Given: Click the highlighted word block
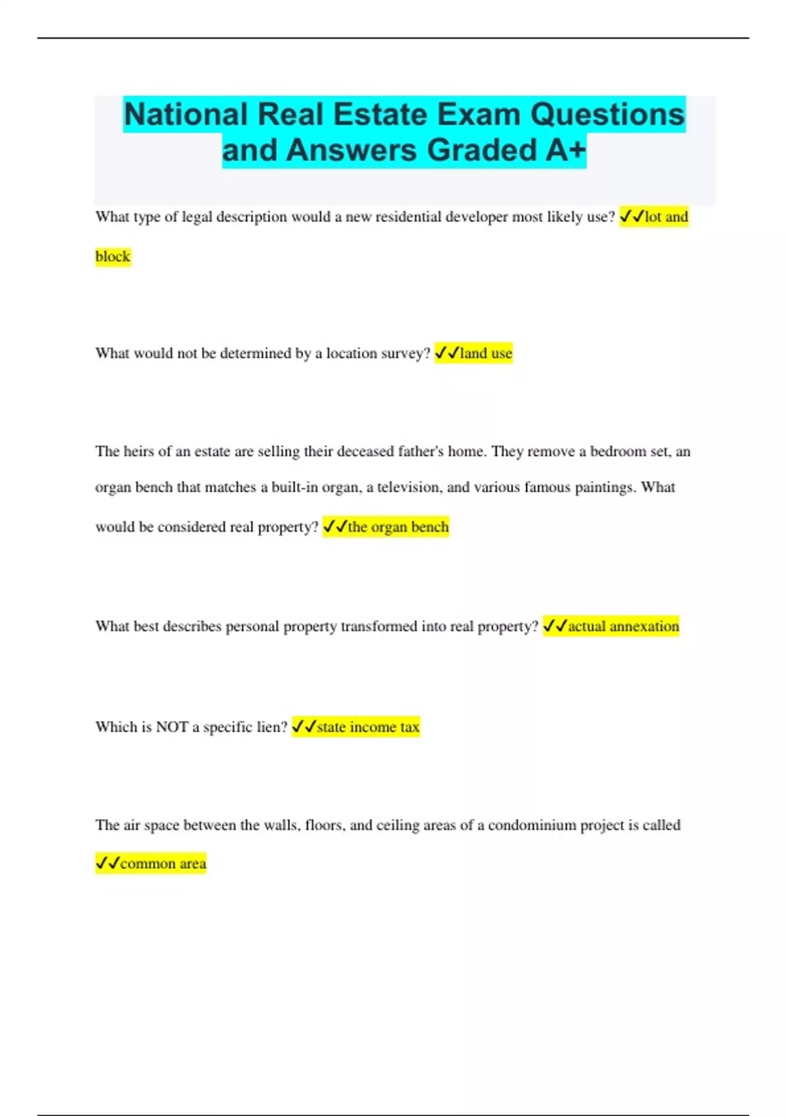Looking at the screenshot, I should tap(113, 257).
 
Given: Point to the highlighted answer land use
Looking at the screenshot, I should tap(485, 353).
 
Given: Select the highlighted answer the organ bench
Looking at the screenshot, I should tap(398, 527).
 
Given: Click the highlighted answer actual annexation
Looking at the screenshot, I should tap(623, 626).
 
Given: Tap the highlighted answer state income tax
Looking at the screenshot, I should tap(368, 727).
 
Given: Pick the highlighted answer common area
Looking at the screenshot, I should tap(163, 864).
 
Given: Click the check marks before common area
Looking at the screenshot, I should tap(108, 863).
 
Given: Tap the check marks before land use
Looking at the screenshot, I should tap(447, 353).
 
